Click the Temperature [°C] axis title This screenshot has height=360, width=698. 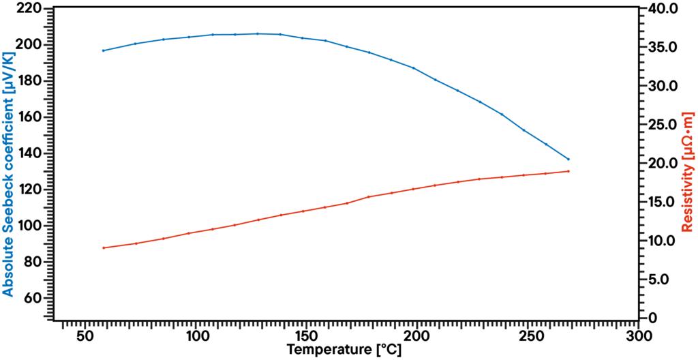[x=344, y=350]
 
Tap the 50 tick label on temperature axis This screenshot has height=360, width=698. [x=85, y=335]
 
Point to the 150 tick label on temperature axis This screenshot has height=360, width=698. [x=306, y=335]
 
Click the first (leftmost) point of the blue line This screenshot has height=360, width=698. [x=103, y=50]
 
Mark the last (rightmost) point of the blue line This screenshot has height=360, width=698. [x=568, y=159]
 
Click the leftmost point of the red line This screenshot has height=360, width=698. [x=103, y=247]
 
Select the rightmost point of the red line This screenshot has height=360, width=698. [x=568, y=171]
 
